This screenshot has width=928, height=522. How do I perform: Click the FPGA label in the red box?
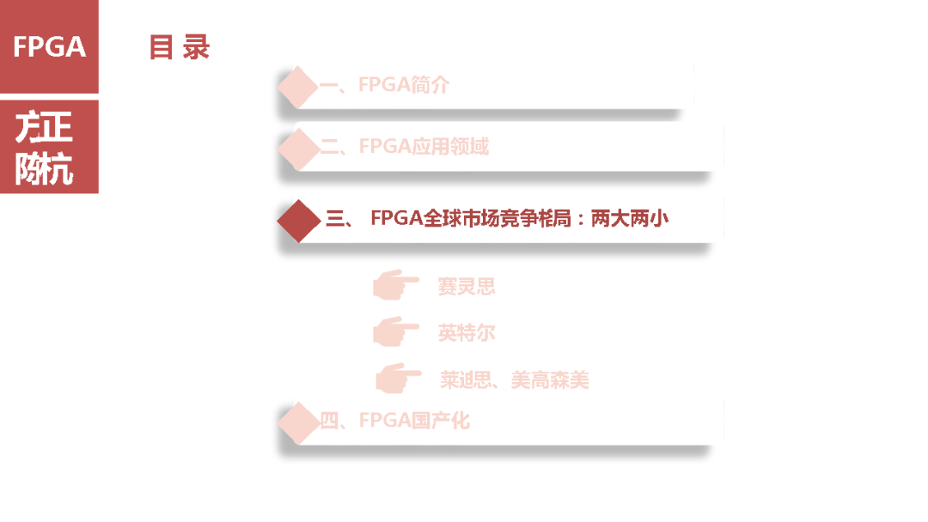pyautogui.click(x=49, y=46)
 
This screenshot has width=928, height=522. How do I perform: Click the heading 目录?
pyautogui.click(x=179, y=47)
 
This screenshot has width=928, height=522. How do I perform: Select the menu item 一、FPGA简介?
pyautogui.click(x=384, y=85)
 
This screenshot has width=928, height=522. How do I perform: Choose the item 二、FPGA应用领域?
pyautogui.click(x=404, y=147)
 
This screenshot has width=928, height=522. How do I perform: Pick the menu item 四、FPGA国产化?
pyautogui.click(x=394, y=421)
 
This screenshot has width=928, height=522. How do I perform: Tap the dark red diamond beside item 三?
pyautogui.click(x=298, y=220)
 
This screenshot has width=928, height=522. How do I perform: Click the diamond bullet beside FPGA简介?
pyautogui.click(x=298, y=86)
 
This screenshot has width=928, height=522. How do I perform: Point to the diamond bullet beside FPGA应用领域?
pyautogui.click(x=298, y=147)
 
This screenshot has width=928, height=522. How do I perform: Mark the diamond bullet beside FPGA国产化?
pyautogui.click(x=298, y=421)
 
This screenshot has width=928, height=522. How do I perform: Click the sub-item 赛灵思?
pyautogui.click(x=467, y=287)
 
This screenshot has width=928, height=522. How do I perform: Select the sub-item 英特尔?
pyautogui.click(x=467, y=333)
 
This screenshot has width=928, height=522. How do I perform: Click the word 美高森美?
pyautogui.click(x=550, y=379)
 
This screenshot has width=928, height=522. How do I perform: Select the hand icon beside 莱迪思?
pyautogui.click(x=398, y=378)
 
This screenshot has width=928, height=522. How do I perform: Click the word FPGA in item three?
pyautogui.click(x=396, y=219)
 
